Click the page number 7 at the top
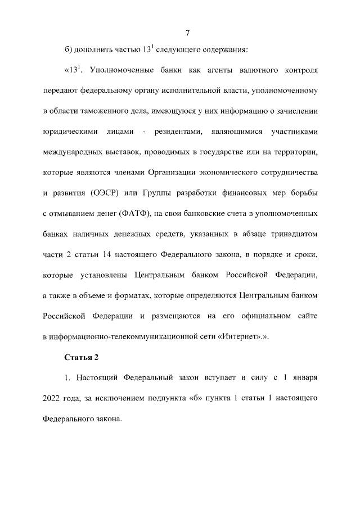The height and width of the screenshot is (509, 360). (187, 31)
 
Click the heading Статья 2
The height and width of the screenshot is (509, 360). (82, 358)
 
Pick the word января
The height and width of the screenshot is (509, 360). (303, 378)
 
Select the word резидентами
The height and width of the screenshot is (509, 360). (179, 133)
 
